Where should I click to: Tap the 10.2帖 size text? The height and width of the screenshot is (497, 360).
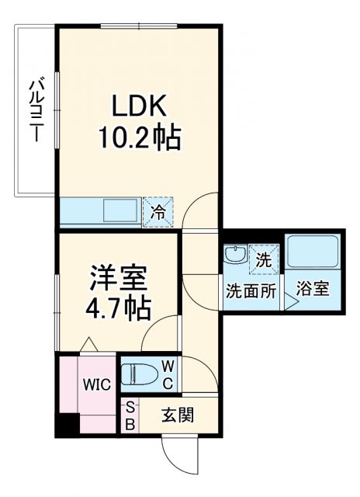[x=139, y=139]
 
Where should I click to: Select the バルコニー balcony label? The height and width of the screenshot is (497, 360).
[x=35, y=109]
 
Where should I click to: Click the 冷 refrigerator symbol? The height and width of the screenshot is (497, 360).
[x=157, y=211]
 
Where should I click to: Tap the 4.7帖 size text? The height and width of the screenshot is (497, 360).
[x=118, y=309]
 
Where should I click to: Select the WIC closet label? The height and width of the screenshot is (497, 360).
[x=97, y=384]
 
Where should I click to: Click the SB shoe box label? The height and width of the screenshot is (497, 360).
[x=130, y=415]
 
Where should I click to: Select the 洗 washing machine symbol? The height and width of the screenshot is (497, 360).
[x=264, y=259]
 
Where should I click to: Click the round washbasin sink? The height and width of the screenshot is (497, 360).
[x=234, y=254]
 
